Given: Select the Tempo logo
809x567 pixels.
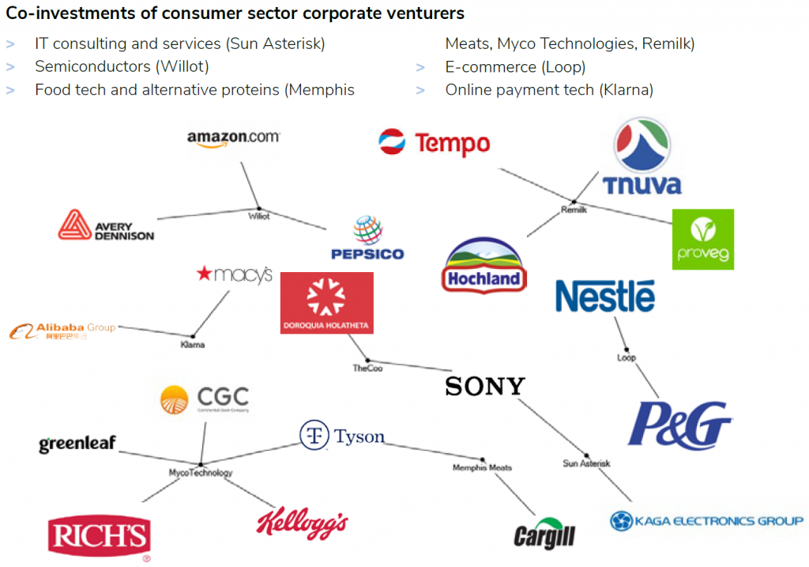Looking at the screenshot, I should point(435,143).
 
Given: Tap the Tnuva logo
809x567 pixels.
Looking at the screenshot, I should point(642,157).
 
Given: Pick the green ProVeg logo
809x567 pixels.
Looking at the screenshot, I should point(702,239).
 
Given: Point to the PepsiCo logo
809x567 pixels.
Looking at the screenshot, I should point(367,239).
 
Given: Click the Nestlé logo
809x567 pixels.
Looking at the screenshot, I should point(605,296).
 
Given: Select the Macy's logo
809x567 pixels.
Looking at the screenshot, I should point(234,274).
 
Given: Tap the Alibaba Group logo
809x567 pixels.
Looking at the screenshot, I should point(63,331).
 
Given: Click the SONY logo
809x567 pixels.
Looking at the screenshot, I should point(484,386).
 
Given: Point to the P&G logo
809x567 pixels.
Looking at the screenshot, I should point(679,425).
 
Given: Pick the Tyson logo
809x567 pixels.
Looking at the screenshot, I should point(342,436).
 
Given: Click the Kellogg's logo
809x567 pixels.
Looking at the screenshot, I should point(302,522).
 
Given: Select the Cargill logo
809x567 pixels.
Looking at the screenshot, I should point(544,535).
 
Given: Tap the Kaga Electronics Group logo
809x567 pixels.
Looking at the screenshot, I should point(706,520).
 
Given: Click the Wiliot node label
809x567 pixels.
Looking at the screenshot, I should point(259,216).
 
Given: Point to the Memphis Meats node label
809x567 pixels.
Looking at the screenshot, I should point(482,467).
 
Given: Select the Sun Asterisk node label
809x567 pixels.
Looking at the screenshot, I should point(586,463).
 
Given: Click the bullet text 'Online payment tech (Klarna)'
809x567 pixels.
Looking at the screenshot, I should point(549,89).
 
